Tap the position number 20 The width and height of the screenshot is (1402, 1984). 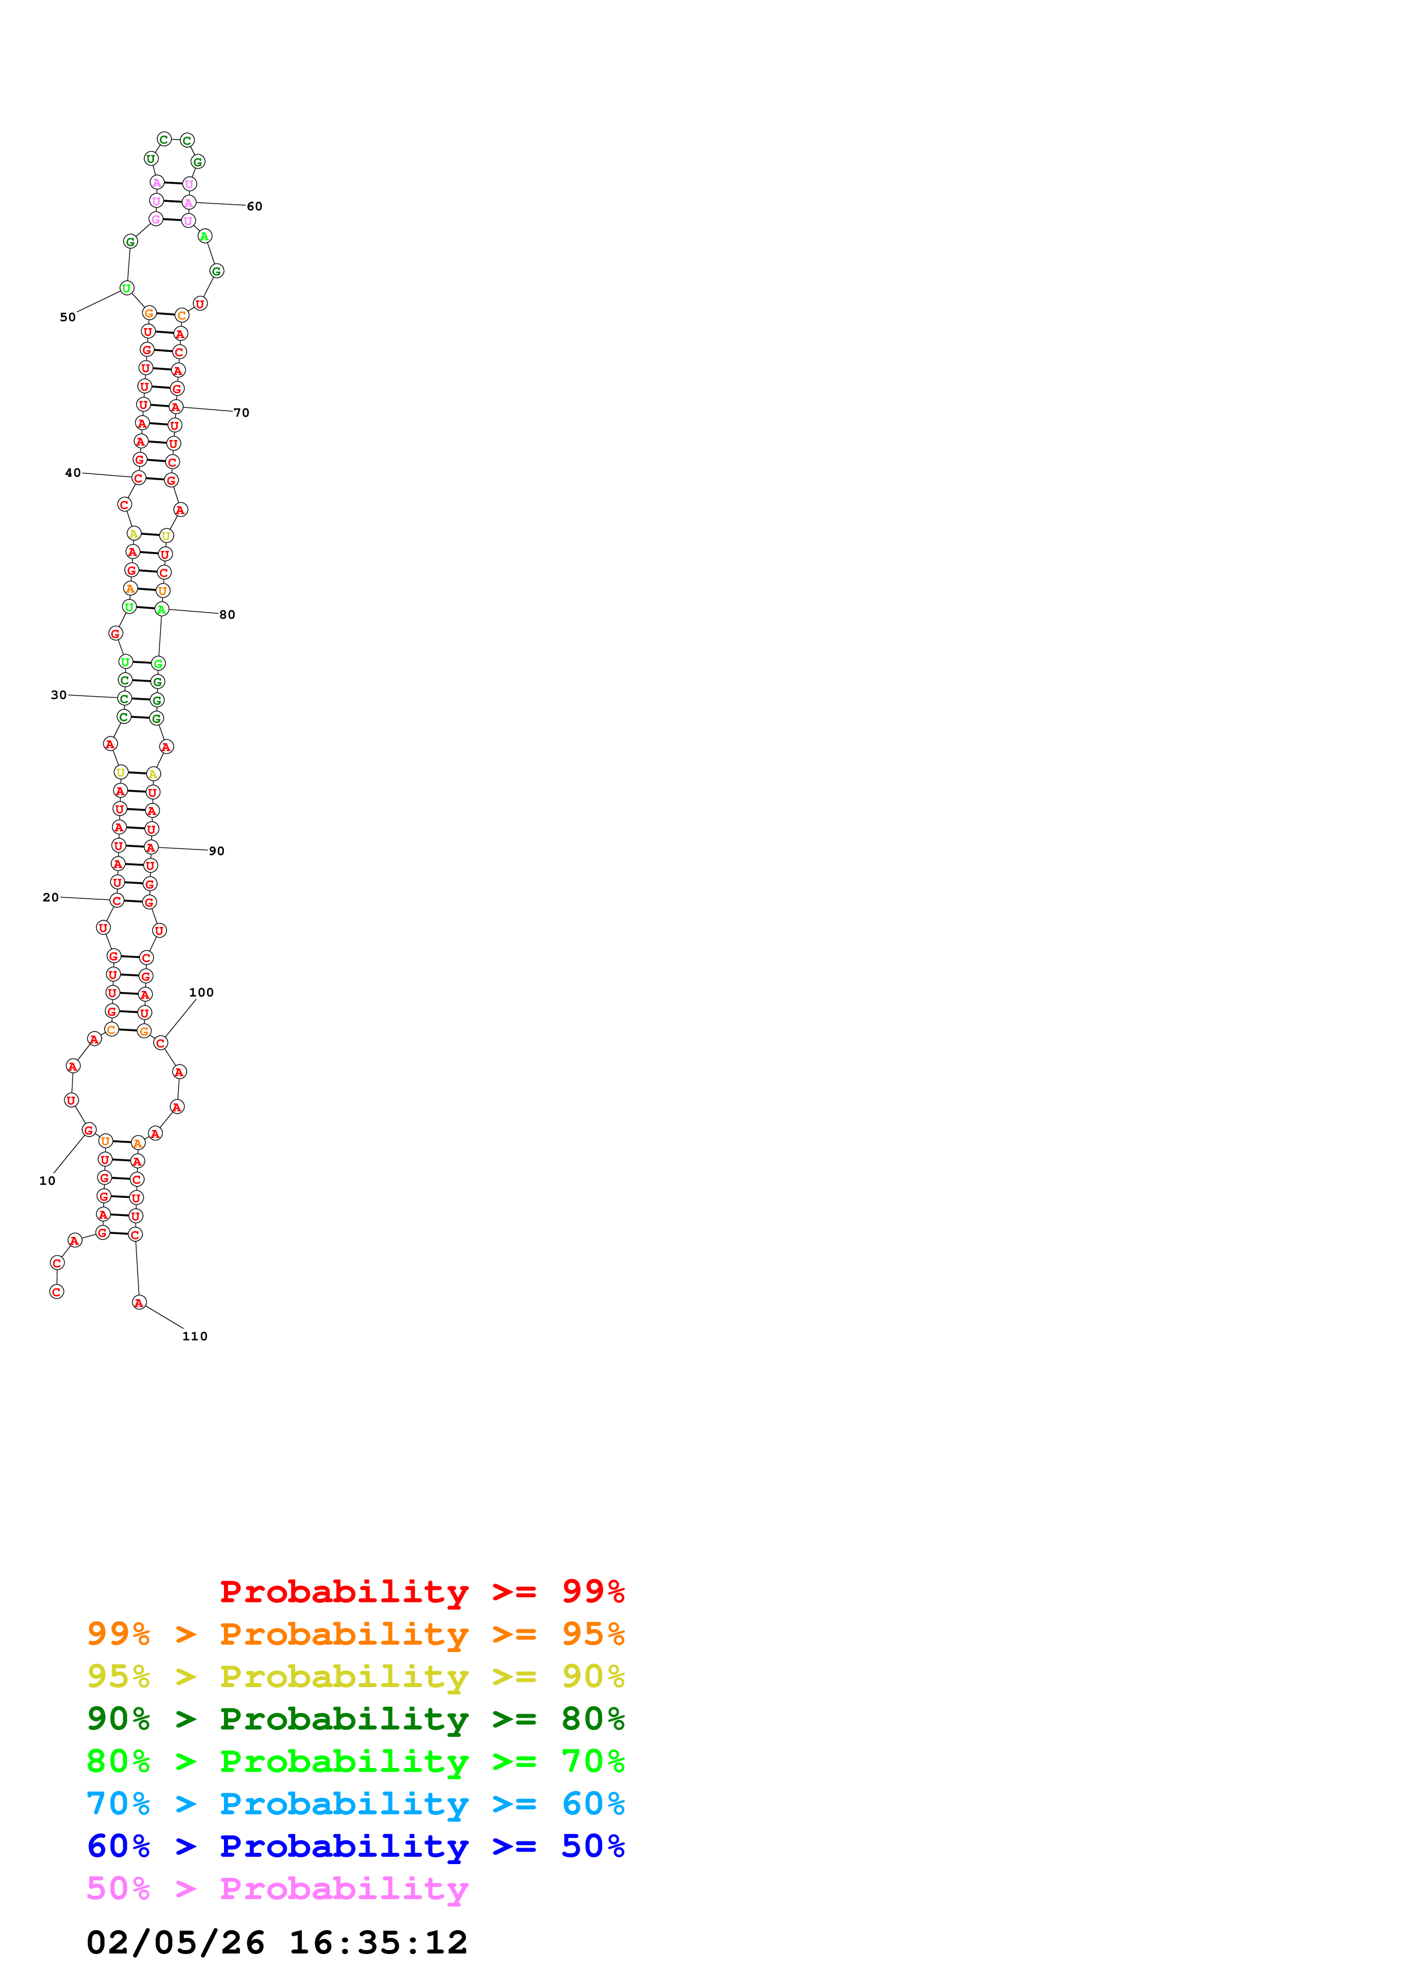(51, 897)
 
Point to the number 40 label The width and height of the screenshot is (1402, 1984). (74, 473)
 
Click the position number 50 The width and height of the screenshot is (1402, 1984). (67, 317)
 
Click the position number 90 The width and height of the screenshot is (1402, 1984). (217, 851)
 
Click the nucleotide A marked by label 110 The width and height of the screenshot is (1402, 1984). (139, 1302)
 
